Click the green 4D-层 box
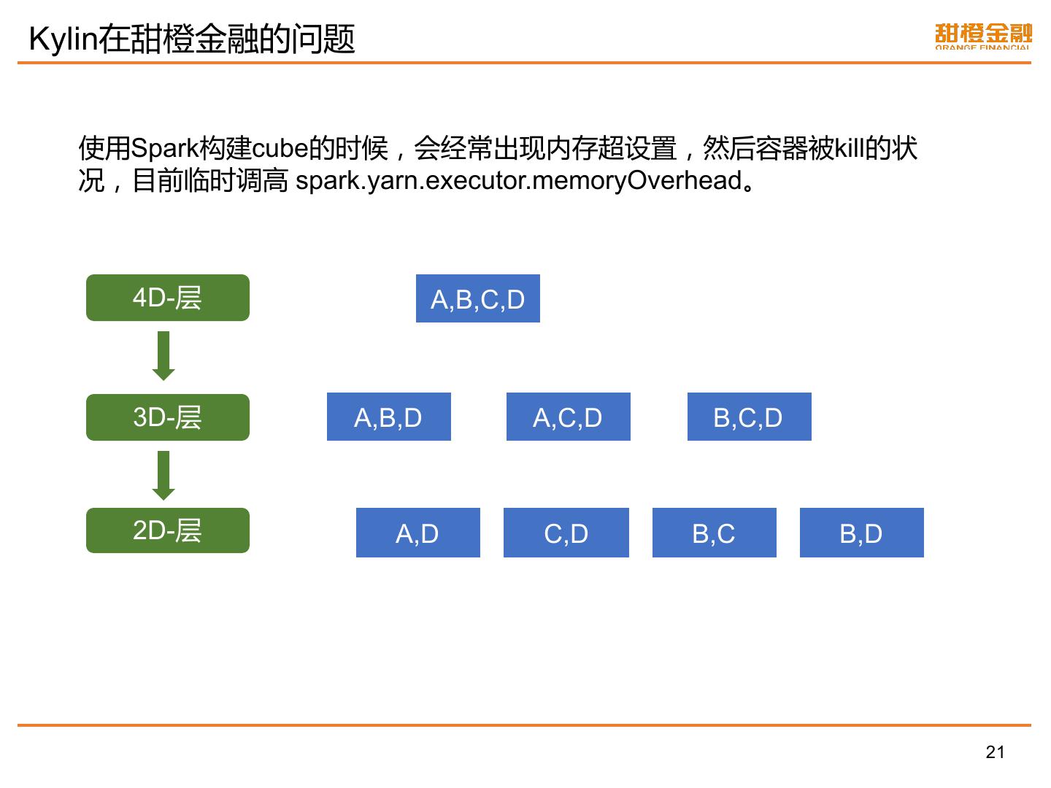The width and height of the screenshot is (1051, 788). pos(167,298)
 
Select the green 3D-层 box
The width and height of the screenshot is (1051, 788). pos(167,417)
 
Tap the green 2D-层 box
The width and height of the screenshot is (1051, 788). pos(167,530)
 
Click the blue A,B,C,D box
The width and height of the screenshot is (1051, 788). pos(478,299)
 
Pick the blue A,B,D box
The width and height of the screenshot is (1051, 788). pos(388,417)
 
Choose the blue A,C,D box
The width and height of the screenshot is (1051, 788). pos(568,417)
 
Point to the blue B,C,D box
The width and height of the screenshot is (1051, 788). pos(749,417)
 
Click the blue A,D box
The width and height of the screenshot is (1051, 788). pos(417,533)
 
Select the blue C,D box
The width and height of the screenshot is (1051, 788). pos(566,533)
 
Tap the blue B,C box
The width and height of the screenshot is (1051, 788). pos(714,533)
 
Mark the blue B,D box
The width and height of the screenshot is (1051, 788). pos(861,533)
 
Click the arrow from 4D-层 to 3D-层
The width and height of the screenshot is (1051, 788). pos(163,356)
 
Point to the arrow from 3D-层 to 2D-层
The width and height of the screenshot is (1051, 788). pos(163,475)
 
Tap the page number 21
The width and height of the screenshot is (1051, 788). pos(995,752)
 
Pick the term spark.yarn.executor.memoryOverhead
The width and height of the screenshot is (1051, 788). pos(519,180)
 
